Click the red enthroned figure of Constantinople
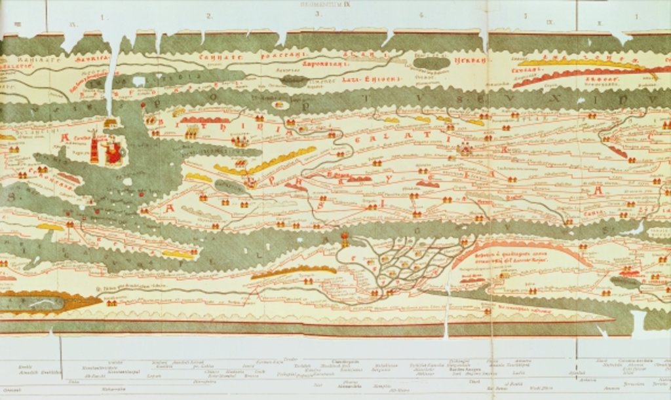[113, 152]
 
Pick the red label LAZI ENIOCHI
[362, 79]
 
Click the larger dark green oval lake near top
[432, 63]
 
